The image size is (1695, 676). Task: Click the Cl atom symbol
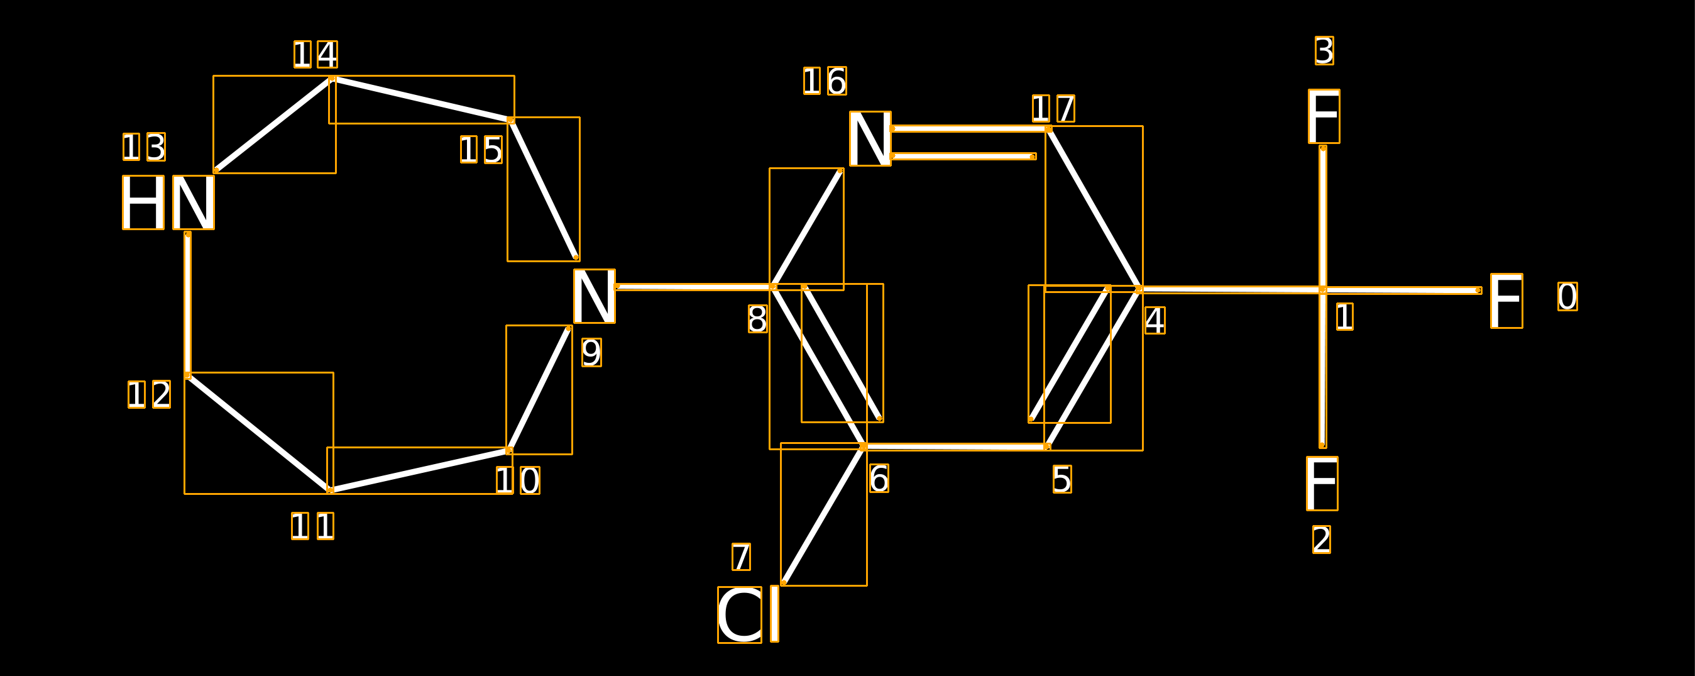(748, 615)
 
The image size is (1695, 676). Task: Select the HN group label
(168, 202)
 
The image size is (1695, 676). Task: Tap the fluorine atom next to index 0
(1507, 301)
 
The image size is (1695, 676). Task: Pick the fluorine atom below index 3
(1324, 116)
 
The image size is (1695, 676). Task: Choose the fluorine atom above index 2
(1322, 484)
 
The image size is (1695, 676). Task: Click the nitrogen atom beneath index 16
(870, 139)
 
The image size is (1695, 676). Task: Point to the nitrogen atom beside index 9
(594, 296)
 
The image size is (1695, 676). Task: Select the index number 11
(312, 526)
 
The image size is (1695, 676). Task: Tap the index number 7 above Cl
(741, 557)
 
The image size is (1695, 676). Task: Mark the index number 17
(1053, 108)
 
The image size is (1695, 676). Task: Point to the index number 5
(1062, 479)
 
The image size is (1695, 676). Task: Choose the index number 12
(150, 394)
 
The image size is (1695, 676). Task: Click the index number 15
(481, 150)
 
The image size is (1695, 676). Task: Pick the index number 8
(757, 319)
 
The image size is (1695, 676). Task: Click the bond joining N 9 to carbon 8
(694, 286)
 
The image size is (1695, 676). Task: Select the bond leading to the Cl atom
(823, 514)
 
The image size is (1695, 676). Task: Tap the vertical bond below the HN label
(187, 304)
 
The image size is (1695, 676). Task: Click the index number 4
(1155, 321)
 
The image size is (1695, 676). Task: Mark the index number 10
(518, 480)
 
